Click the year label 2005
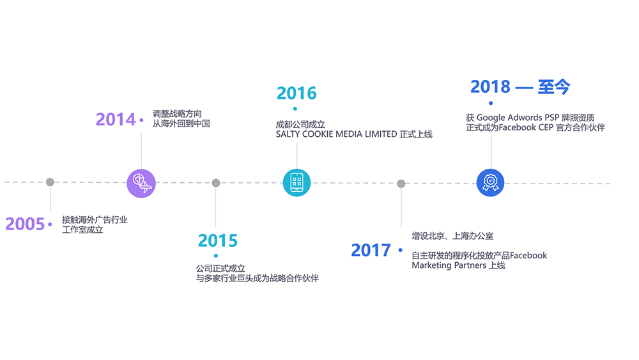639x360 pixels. coord(25,224)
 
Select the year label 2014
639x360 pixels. coord(116,119)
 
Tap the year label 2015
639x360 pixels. coord(217,240)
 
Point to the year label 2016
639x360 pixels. coord(296,93)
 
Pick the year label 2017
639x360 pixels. coord(371,250)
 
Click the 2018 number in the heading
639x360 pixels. coord(490,86)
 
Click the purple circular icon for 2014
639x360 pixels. coord(141,183)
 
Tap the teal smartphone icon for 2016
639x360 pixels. coord(296,183)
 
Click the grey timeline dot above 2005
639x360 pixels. coord(50,182)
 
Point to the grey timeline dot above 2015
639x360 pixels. coord(216,183)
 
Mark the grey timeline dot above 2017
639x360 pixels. coord(401,184)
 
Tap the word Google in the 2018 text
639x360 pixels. coord(491,118)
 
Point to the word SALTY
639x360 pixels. coord(289,134)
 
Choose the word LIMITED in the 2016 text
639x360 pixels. coord(380,134)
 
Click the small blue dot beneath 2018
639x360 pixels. coord(491,103)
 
